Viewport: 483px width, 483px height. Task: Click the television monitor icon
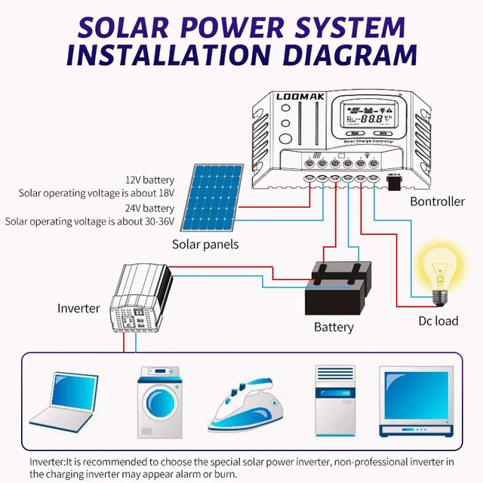click(417, 402)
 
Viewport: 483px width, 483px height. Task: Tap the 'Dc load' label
click(438, 321)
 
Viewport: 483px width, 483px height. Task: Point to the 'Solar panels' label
click(205, 244)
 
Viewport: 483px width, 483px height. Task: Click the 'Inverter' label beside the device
click(78, 308)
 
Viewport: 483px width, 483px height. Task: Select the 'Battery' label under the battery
click(334, 327)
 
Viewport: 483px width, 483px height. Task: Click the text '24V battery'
click(149, 208)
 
